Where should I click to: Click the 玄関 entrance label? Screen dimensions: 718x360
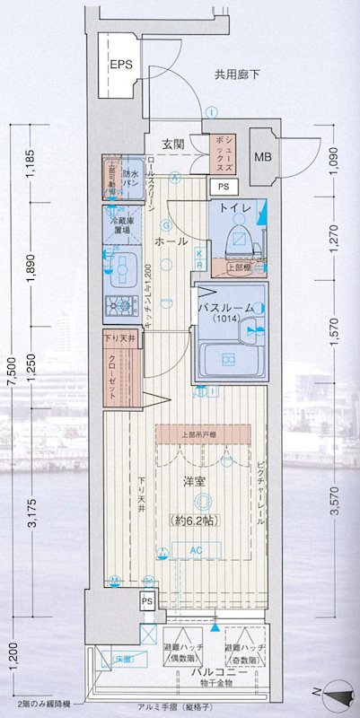coord(174,144)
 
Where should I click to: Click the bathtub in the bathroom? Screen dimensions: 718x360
coord(228,362)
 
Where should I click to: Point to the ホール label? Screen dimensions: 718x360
coord(171,242)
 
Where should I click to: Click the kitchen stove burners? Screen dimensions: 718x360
coord(117,306)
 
